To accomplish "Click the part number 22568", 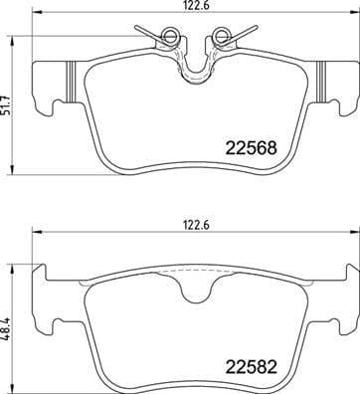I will pos(247,150).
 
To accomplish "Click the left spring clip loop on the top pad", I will pos(168,39).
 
